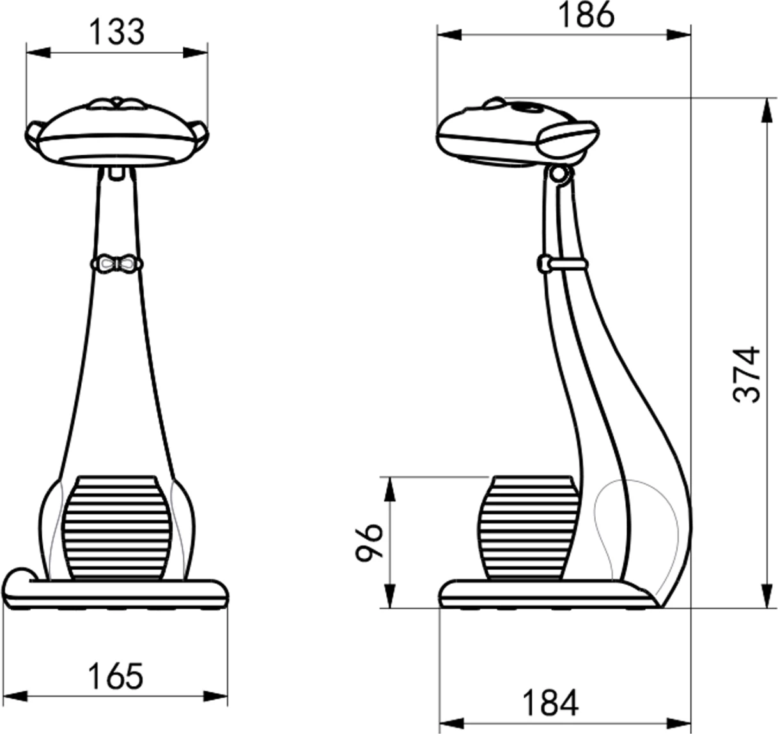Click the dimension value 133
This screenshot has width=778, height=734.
117,32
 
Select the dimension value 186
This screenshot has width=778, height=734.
586,15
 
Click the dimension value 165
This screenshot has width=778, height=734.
116,676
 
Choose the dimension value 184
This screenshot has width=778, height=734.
550,703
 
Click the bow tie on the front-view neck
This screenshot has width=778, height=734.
117,263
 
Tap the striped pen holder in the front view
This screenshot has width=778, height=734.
117,527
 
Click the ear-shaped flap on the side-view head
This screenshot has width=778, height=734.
570,137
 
